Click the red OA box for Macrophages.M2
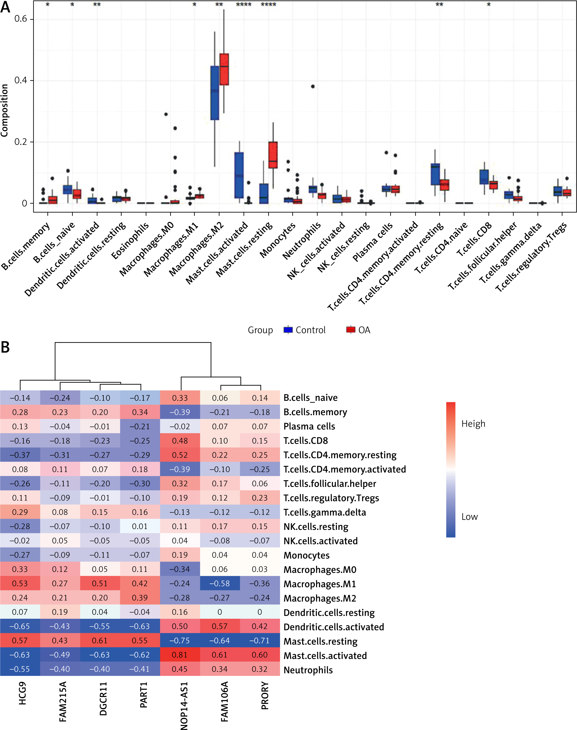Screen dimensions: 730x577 [224, 69]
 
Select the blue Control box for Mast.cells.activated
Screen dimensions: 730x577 [239, 175]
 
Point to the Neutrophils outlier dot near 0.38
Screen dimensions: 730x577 [313, 86]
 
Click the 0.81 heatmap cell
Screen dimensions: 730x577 [180, 655]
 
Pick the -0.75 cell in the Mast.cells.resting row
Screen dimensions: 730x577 [180, 641]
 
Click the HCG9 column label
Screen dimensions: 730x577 [22, 693]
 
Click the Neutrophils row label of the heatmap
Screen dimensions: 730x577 [308, 670]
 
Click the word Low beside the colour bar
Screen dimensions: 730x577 [470, 517]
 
